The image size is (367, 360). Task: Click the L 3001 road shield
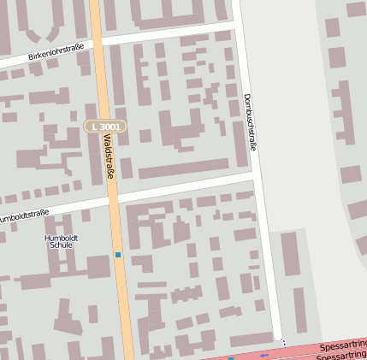tap(105, 127)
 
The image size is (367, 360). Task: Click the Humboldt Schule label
tap(61, 240)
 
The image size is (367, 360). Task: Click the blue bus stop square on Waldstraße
tap(118, 254)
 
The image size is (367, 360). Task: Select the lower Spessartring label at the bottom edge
tap(342, 355)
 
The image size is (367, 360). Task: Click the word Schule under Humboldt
tap(61, 245)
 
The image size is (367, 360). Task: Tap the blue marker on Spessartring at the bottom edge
tap(231, 358)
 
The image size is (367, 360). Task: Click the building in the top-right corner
tap(357, 9)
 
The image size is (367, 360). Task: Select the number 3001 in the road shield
tap(110, 127)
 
